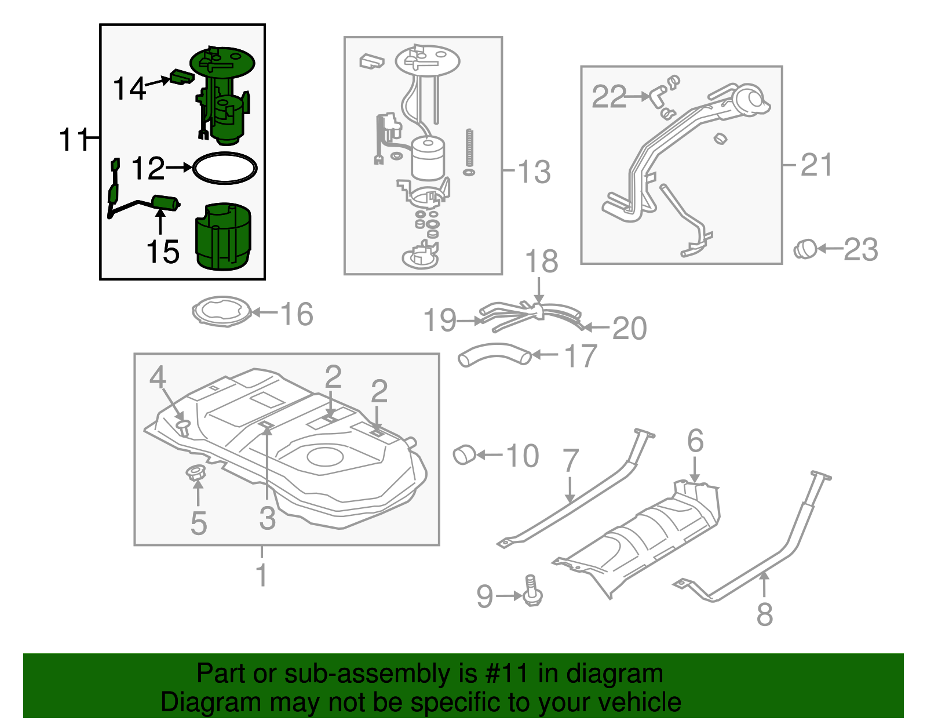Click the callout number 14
(x=129, y=89)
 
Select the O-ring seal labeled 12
(x=224, y=155)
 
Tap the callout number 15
(x=163, y=252)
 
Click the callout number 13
(x=534, y=172)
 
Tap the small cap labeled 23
(x=805, y=249)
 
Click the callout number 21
(x=816, y=165)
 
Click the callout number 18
(x=541, y=261)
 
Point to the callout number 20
(x=629, y=329)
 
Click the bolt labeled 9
(x=532, y=591)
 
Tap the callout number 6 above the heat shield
(x=695, y=442)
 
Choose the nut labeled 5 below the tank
(x=195, y=472)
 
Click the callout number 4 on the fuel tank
(x=158, y=377)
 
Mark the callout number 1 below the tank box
(x=262, y=576)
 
